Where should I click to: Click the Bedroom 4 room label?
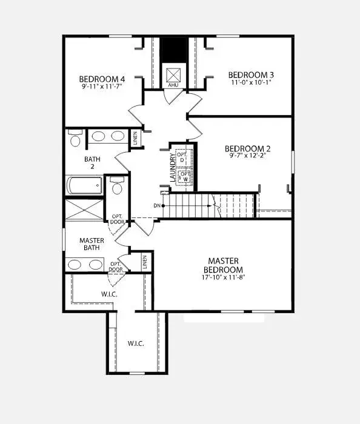(102, 79)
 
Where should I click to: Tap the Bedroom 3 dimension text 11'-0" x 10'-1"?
(251, 82)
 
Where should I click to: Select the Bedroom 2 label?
(247, 149)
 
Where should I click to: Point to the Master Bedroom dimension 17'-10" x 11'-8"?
(224, 277)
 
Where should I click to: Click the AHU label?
(173, 85)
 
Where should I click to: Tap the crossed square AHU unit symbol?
(173, 75)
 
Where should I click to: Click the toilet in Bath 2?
(75, 138)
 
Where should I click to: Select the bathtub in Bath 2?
(85, 185)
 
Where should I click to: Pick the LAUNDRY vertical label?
(173, 167)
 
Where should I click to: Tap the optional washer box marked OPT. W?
(184, 177)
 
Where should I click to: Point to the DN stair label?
(157, 206)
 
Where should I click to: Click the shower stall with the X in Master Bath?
(84, 210)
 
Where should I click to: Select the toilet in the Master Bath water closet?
(117, 185)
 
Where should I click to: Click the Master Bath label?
(92, 244)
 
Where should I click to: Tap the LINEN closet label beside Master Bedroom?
(145, 262)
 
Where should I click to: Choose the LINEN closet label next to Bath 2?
(136, 137)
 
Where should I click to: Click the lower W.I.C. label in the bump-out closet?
(136, 343)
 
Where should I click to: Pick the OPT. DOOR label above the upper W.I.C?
(116, 267)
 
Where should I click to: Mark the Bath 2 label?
(92, 163)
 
